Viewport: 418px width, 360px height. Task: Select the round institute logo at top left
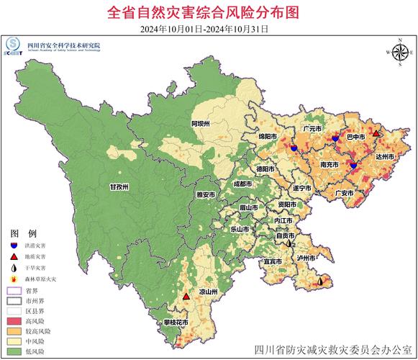click(13, 44)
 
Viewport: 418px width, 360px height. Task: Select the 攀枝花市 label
click(175, 322)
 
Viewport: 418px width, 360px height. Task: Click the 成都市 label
click(242, 184)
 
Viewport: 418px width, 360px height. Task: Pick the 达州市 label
click(384, 156)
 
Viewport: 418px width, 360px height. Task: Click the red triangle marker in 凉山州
click(186, 296)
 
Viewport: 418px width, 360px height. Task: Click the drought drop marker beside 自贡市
click(288, 244)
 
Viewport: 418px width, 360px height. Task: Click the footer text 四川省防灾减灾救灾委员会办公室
click(334, 351)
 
